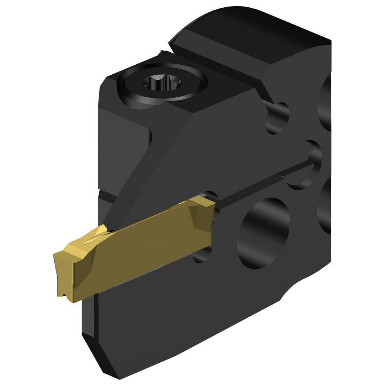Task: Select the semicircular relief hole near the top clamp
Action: pos(277,118)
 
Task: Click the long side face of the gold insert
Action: pos(142,250)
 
